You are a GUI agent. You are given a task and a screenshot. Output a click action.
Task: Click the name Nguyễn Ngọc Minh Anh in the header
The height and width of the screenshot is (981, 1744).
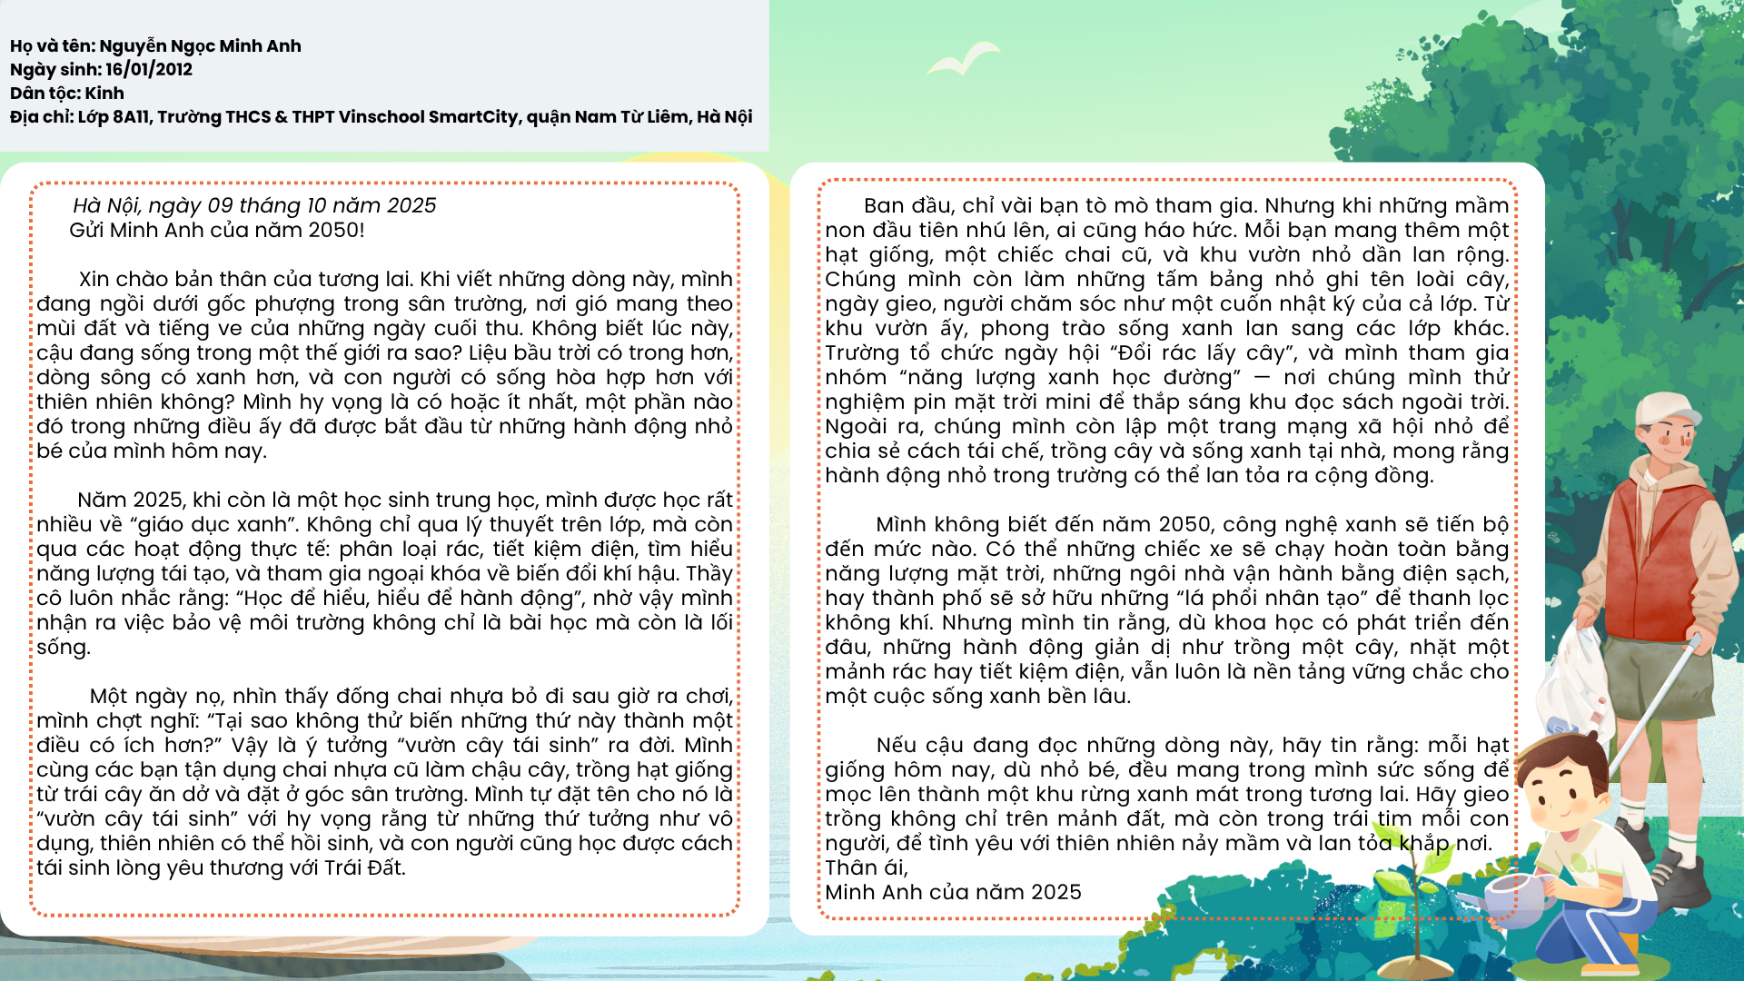point(200,46)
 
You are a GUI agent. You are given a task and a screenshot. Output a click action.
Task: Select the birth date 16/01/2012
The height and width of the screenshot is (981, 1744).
point(149,70)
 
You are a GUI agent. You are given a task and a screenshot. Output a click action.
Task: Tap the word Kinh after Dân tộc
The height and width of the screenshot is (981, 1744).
point(104,94)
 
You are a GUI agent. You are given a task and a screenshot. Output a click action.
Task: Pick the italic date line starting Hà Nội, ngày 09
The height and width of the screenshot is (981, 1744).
point(254,206)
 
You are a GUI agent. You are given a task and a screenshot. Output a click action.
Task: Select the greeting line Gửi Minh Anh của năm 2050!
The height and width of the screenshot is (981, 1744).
point(217,231)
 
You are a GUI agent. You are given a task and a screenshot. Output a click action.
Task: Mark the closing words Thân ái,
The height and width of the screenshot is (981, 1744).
point(866,868)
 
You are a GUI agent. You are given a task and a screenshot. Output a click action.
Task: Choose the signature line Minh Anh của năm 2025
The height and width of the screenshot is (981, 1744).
point(953,893)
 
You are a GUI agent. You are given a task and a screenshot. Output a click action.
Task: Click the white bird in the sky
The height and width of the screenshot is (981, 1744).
point(963,59)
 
